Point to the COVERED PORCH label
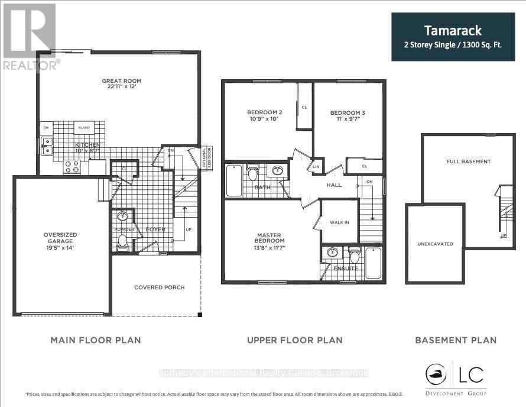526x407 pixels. tap(159, 288)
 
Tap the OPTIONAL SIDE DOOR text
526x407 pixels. tap(206, 158)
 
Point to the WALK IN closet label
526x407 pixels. tap(339, 222)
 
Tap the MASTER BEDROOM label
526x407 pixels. tap(270, 237)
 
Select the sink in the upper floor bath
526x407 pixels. tap(277, 172)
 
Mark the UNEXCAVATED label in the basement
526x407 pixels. tap(434, 243)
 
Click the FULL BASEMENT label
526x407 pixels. tap(468, 161)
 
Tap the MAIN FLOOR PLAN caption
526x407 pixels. tap(95, 340)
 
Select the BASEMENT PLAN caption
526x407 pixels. tap(455, 340)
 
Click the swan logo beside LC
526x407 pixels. tap(437, 374)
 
